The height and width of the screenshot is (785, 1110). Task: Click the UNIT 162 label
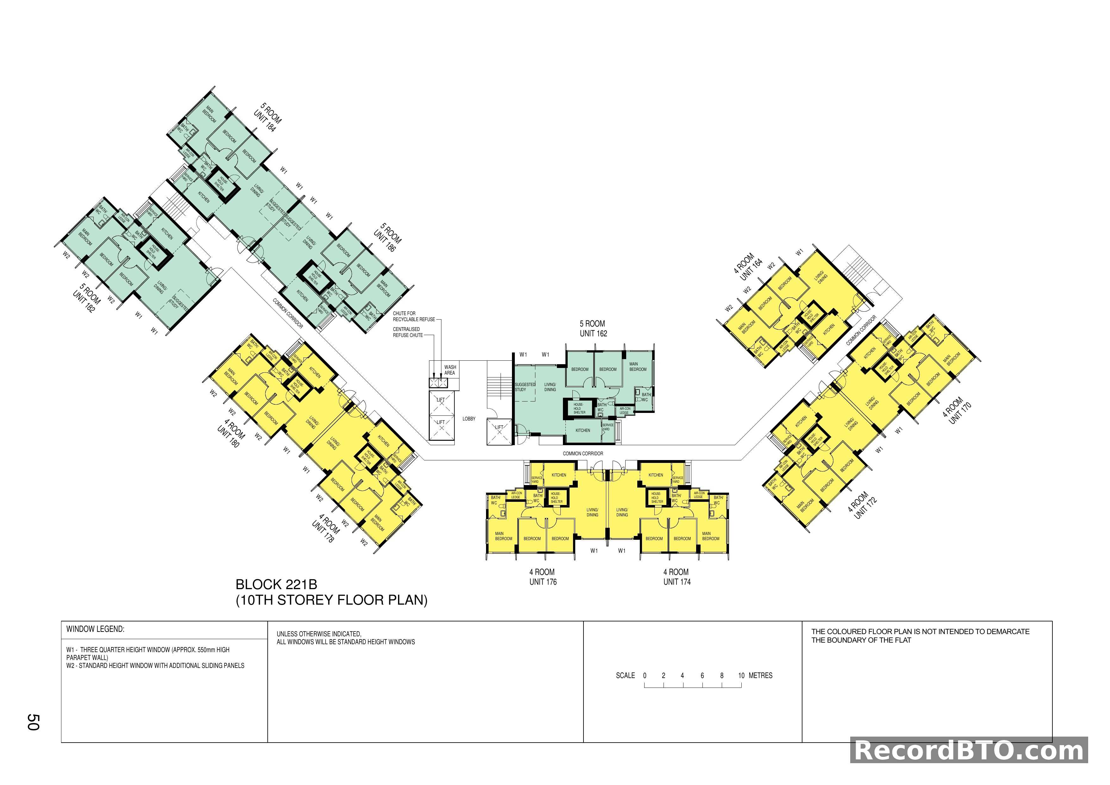coord(593,333)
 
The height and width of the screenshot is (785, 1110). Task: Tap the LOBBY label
coord(469,419)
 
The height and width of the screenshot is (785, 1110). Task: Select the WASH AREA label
coord(450,370)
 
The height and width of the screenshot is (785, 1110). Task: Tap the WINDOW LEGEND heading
coord(95,629)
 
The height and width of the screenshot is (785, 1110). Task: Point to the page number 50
coord(33,722)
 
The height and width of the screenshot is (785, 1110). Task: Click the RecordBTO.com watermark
coord(969,751)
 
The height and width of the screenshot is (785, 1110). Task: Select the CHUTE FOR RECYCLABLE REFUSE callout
coord(413,316)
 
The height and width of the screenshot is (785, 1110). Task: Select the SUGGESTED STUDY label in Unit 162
coord(525,387)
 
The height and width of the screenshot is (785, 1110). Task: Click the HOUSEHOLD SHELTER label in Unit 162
coord(579,408)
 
